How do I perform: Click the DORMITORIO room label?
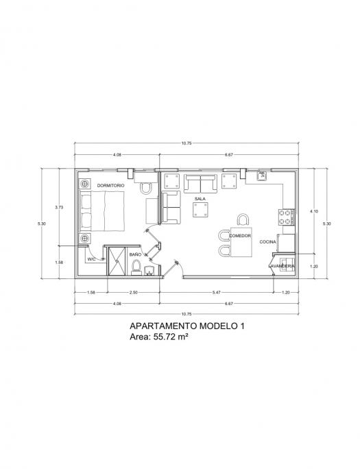pos(110,186)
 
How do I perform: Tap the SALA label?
pos(200,199)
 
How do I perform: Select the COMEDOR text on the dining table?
pos(240,236)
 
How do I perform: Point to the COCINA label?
pos(267,241)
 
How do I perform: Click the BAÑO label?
pos(136,254)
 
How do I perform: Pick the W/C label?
pos(91,259)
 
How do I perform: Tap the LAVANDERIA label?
pos(282,266)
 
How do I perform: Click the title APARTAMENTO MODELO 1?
pos(187,326)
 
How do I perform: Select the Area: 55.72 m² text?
pos(159,337)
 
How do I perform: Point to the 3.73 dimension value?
pos(59,207)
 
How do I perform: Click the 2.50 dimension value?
pos(133,293)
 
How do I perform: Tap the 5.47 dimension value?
pos(216,293)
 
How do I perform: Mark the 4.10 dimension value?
pos(314,211)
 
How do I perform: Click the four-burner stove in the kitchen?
pos(285,217)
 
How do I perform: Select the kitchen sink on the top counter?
pos(262,176)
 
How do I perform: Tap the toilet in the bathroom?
pos(136,267)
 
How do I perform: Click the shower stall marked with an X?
pos(117,261)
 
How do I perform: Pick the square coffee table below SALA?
pos(200,210)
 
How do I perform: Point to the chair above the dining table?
pos(243,219)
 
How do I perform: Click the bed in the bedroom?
pos(101,211)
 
